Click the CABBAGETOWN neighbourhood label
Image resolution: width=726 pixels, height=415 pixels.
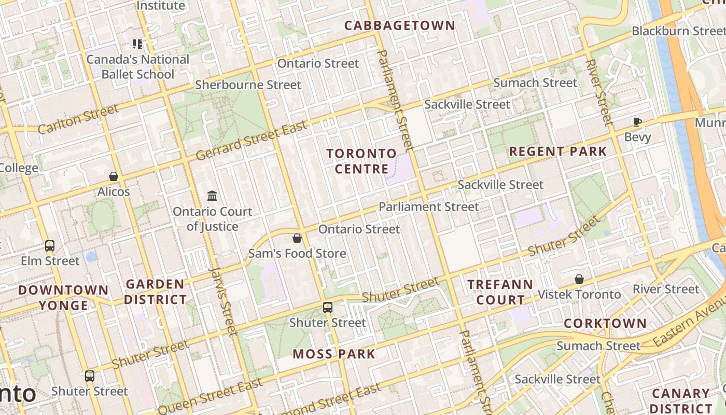pos(399,25)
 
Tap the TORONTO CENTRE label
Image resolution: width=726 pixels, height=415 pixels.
pos(361,161)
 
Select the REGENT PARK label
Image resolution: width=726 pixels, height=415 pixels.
pos(558,151)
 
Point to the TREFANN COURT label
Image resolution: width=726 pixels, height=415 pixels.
pos(500,292)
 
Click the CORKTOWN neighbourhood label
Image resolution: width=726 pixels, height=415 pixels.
pos(605,323)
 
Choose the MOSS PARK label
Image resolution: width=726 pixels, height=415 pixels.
pos(334,354)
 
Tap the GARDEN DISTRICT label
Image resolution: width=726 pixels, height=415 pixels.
pos(155,292)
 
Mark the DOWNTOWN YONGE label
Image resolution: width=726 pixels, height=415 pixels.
pos(63,297)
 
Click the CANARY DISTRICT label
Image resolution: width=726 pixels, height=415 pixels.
pos(680,401)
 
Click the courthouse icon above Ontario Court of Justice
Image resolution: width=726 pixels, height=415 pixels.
pos(212,196)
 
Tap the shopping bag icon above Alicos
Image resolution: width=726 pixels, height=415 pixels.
pos(114,177)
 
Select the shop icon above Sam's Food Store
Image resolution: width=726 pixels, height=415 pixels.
pos(297,238)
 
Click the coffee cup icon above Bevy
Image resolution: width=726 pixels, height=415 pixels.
pos(637,122)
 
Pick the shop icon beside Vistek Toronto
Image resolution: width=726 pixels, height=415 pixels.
pos(579,280)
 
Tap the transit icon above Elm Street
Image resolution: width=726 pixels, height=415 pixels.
pos(50,246)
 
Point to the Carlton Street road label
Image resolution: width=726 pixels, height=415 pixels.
pos(78,119)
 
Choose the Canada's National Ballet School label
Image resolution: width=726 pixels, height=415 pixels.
pos(138,67)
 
